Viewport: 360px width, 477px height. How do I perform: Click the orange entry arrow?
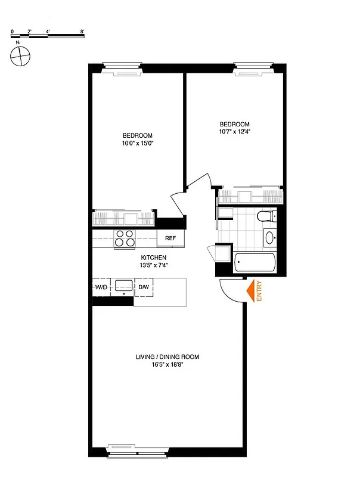[250, 290]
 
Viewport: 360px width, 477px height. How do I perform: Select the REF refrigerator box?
[170, 238]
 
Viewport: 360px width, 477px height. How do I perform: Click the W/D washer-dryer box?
[101, 287]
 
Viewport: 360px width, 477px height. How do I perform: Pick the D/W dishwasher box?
[144, 287]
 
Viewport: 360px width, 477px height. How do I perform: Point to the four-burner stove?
[126, 238]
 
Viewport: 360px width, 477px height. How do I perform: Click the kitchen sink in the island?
[124, 286]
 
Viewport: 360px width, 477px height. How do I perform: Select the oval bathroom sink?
[270, 238]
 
